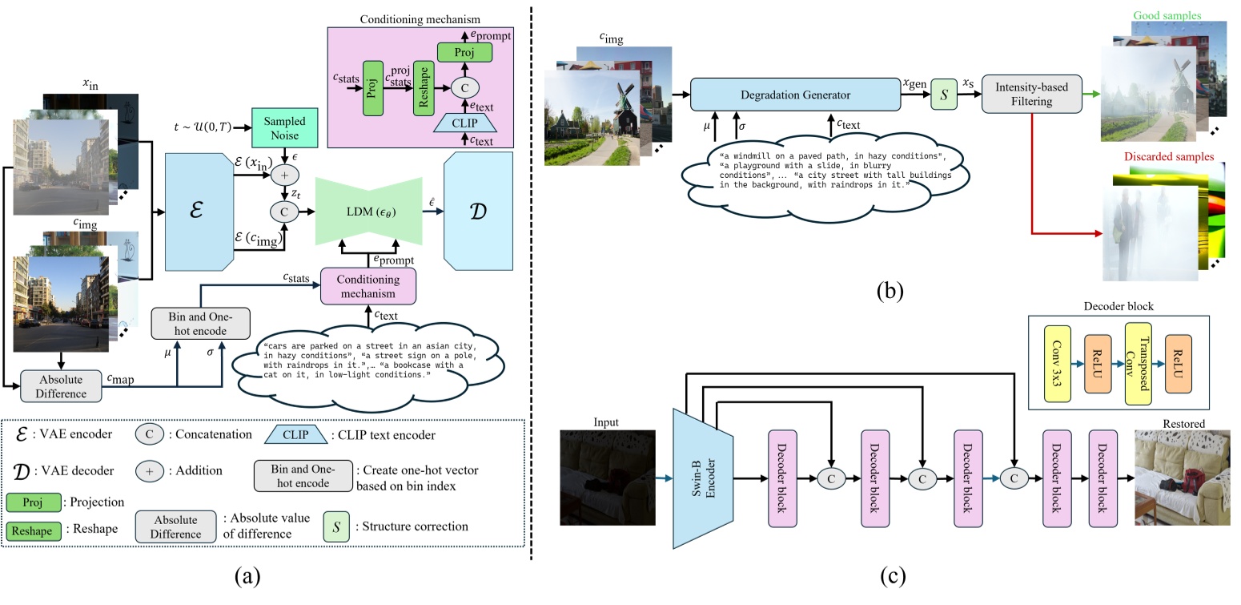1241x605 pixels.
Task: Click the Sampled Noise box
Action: point(285,127)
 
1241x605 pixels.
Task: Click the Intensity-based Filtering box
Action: point(1031,94)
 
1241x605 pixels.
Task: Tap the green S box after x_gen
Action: point(942,95)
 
